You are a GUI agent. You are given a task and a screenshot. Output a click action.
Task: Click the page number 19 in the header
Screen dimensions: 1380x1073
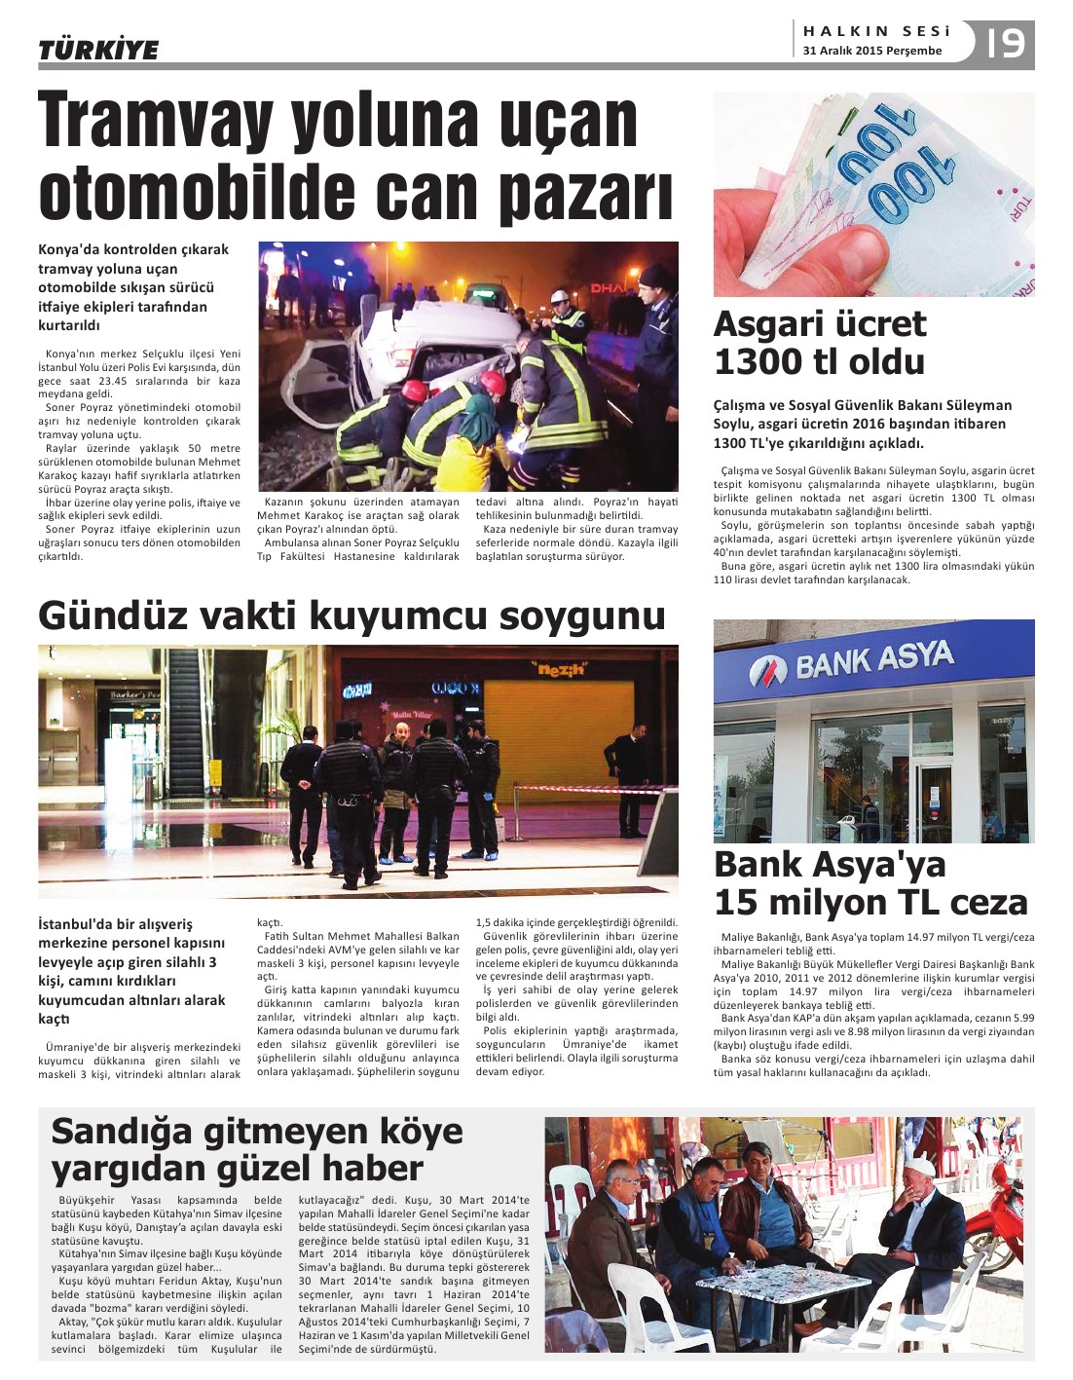pos(1006,44)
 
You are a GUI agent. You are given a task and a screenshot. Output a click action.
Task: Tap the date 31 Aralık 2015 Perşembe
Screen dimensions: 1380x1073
pos(872,51)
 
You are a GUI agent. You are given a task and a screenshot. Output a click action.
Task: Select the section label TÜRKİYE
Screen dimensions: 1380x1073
pos(97,50)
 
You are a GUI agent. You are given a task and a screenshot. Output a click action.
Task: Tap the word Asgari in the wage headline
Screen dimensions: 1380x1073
pos(775,323)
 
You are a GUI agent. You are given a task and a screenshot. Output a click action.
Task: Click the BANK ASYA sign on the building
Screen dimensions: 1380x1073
pos(851,663)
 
